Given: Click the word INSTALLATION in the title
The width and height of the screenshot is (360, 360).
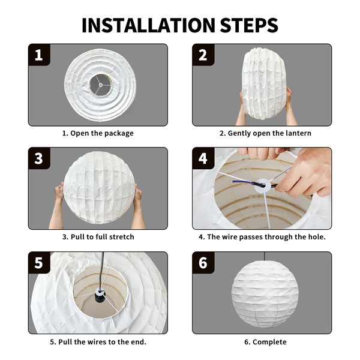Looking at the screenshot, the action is point(148,25).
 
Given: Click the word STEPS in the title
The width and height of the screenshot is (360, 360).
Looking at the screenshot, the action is point(249,25).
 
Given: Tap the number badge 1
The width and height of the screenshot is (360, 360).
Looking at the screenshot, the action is point(39,55).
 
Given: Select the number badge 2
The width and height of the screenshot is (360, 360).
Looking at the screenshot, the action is point(203,55).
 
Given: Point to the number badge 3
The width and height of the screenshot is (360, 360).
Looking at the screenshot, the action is point(39,158).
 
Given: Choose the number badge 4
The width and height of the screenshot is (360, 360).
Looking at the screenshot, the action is point(203,158).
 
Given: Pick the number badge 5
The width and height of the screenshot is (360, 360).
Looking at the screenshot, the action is point(39,263).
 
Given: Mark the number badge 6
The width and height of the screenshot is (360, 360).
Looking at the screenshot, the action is point(203,263).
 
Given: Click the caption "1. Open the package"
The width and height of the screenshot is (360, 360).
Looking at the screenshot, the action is point(98,133).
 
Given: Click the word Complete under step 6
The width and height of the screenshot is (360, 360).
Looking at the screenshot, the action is point(269,342).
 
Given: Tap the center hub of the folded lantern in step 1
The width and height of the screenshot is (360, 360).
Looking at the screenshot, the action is point(100,85).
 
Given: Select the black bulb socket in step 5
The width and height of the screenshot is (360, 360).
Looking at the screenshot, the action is point(100,296).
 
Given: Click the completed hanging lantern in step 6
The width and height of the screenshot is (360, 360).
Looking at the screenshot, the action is point(265,295).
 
